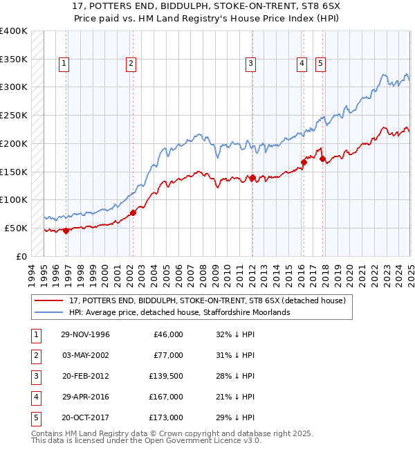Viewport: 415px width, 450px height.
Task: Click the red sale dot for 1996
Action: [x=66, y=231]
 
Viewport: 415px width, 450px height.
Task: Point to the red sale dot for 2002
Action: [x=132, y=213]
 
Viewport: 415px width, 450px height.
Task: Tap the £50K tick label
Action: [x=16, y=228]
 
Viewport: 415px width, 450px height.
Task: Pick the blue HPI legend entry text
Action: [x=179, y=312]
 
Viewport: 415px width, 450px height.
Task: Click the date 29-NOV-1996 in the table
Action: [x=85, y=334]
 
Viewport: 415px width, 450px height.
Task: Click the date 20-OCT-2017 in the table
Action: [x=85, y=417]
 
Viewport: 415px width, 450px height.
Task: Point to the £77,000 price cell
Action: [x=167, y=355]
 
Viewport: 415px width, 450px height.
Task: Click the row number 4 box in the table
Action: [x=35, y=397]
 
